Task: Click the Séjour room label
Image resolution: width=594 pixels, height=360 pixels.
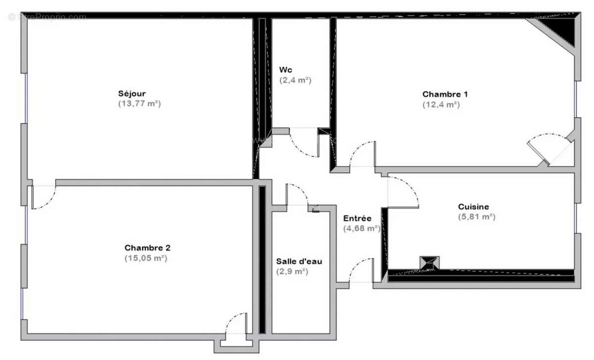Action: click(x=132, y=94)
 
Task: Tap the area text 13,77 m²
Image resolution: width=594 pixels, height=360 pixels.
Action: click(x=140, y=104)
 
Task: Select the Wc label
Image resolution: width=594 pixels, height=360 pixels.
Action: click(x=286, y=69)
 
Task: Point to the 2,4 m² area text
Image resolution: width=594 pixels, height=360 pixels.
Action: click(x=295, y=80)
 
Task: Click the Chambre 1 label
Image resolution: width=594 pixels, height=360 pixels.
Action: click(x=445, y=94)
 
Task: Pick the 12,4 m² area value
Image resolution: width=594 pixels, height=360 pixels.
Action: click(x=441, y=104)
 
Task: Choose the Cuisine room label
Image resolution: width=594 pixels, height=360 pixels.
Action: click(x=473, y=206)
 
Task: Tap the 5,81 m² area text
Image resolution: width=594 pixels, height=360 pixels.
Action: click(x=477, y=217)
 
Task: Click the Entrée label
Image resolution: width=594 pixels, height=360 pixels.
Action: click(x=357, y=218)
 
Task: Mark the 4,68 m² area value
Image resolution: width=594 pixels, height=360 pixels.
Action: click(x=361, y=228)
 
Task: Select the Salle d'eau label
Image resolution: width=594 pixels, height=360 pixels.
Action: click(x=299, y=261)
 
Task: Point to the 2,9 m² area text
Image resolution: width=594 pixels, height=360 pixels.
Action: click(x=292, y=271)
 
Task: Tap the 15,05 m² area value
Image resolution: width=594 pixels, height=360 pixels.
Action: click(x=146, y=258)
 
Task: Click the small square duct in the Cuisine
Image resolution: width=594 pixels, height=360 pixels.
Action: click(x=429, y=262)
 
